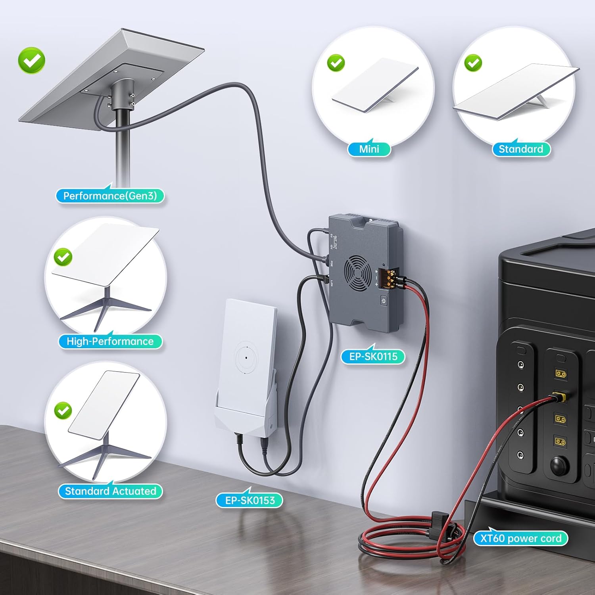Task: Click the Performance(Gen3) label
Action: click(x=110, y=196)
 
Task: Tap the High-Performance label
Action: click(x=110, y=342)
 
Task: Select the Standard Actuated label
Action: click(x=110, y=491)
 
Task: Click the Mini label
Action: click(x=369, y=149)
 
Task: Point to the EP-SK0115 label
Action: click(x=373, y=357)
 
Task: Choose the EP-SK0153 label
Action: click(x=250, y=501)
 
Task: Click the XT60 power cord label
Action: click(x=520, y=539)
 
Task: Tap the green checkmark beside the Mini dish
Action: click(x=336, y=63)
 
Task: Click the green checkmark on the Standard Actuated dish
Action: click(x=63, y=411)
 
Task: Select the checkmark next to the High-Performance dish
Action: click(x=63, y=257)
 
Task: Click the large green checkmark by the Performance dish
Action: click(x=32, y=60)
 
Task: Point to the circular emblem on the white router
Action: click(x=246, y=358)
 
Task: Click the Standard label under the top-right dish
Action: click(x=521, y=149)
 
